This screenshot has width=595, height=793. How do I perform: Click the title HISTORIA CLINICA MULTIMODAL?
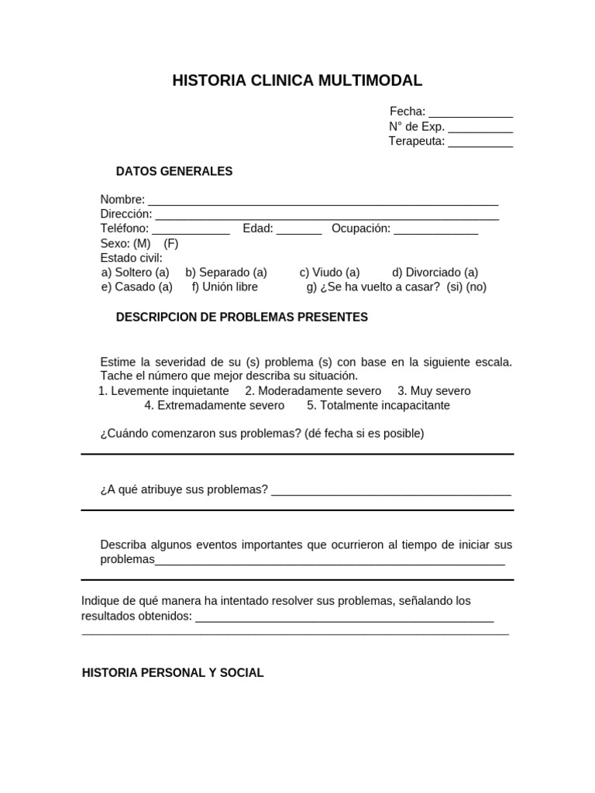(x=297, y=81)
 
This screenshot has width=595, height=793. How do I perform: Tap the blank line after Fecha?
(x=470, y=113)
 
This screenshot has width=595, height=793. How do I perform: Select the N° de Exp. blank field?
(x=480, y=128)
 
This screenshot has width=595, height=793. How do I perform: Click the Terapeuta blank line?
(x=480, y=142)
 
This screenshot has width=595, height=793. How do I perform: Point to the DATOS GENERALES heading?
(x=174, y=171)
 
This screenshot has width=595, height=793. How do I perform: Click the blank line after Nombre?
(x=323, y=201)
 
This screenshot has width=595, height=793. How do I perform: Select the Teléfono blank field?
(x=191, y=230)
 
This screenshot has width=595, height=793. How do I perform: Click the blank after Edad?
(x=299, y=230)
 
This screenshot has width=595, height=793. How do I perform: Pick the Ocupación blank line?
(x=436, y=230)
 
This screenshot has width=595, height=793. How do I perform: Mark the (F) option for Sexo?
(x=171, y=243)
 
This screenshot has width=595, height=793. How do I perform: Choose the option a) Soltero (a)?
(x=136, y=273)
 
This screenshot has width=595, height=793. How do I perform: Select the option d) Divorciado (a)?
(x=435, y=273)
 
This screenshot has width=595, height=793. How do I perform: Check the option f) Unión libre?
(x=225, y=287)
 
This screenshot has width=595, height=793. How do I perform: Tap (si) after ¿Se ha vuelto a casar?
(x=455, y=287)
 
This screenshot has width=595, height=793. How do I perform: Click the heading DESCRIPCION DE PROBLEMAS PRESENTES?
(x=242, y=318)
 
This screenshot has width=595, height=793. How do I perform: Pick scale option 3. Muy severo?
(x=434, y=391)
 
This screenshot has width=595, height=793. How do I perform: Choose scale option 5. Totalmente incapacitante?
(x=378, y=405)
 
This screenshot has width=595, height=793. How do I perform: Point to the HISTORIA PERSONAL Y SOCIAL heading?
(x=173, y=673)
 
